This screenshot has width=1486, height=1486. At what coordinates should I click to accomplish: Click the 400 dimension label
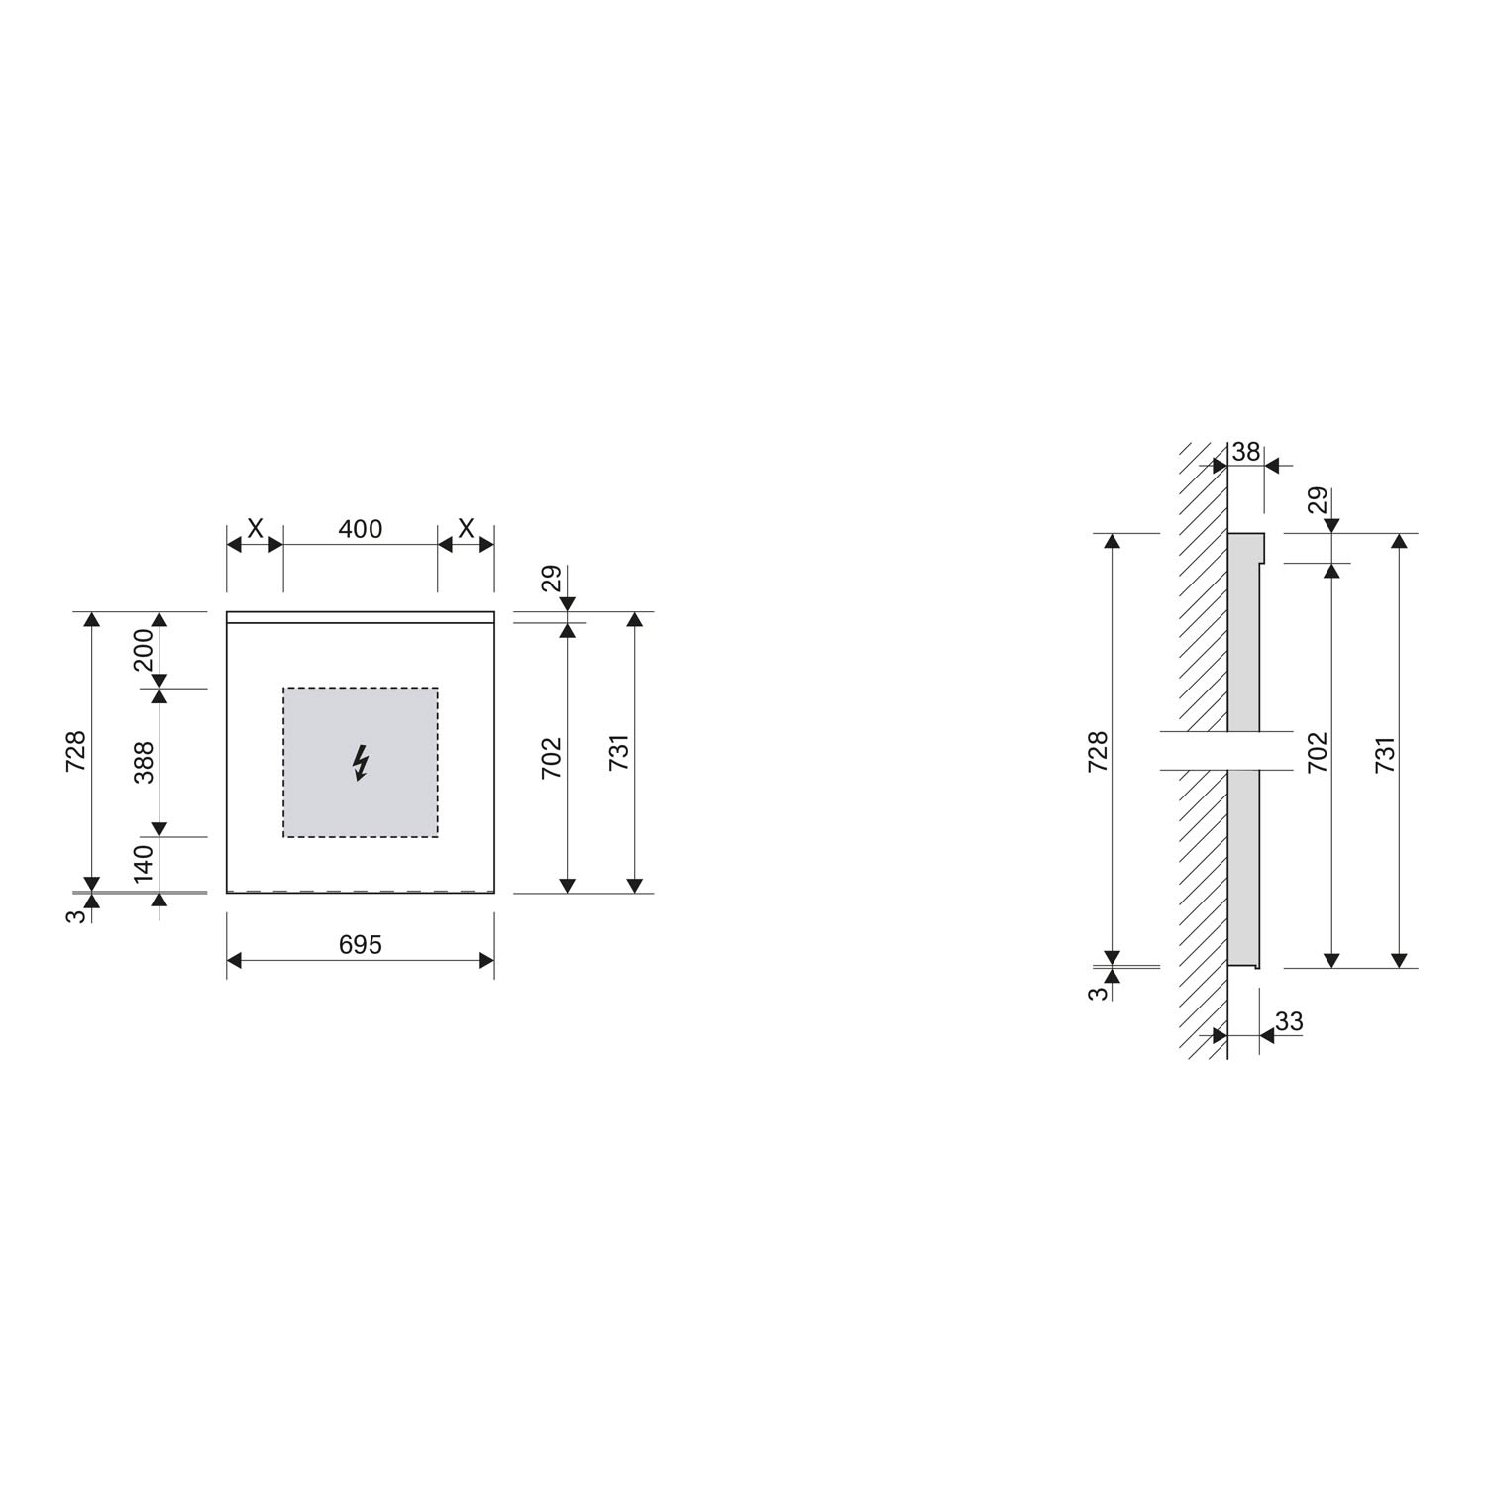(361, 529)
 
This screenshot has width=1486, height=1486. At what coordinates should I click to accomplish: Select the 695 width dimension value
(361, 945)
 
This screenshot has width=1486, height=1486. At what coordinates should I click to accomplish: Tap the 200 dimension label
(145, 650)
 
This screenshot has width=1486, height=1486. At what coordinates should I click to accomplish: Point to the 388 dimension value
(145, 762)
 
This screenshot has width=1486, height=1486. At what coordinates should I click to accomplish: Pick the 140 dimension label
(145, 864)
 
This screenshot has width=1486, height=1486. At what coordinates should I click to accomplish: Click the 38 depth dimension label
(1245, 452)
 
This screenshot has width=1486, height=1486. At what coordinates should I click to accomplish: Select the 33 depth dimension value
(1289, 1021)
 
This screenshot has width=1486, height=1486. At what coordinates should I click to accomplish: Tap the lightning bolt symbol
(361, 763)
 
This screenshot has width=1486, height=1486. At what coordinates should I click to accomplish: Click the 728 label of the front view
(77, 752)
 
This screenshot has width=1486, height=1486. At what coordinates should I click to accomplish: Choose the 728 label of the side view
(1098, 752)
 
